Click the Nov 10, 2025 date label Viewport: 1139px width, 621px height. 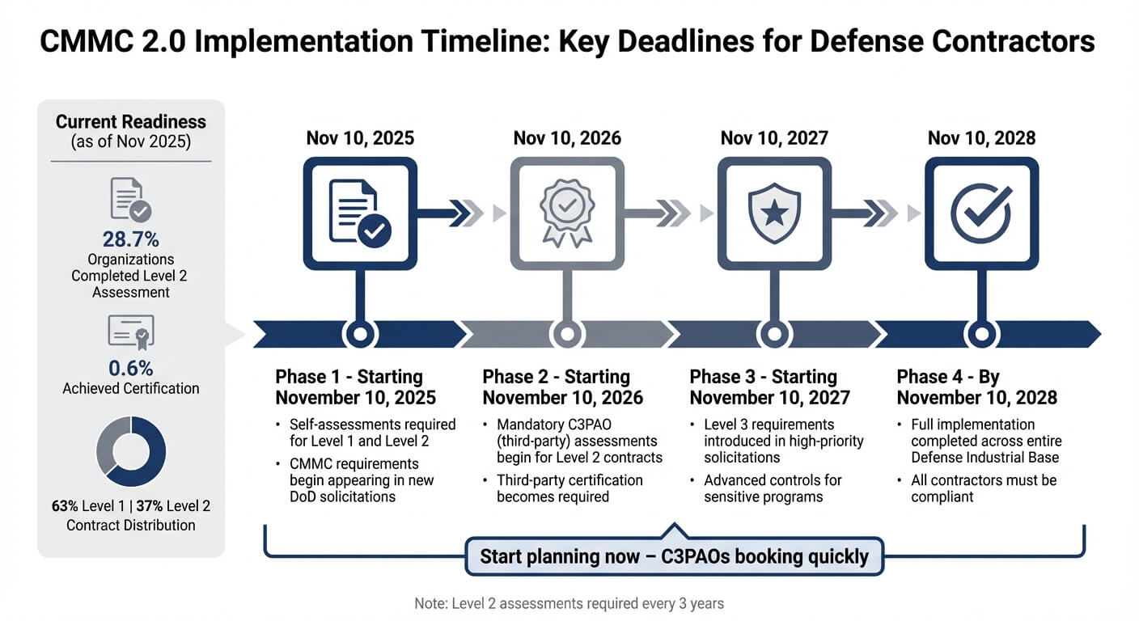coord(360,137)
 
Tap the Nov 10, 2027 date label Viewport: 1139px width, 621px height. coord(774,137)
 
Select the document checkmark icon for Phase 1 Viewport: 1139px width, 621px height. coord(360,213)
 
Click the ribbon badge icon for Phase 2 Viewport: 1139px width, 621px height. coord(567,213)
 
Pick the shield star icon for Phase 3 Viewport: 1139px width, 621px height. coord(774,213)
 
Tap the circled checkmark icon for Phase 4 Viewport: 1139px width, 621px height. coord(981,213)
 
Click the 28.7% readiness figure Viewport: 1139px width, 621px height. coord(130,239)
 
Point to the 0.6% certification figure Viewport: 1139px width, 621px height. coord(130,368)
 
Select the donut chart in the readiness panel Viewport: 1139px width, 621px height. coord(131,451)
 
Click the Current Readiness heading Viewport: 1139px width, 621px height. coord(131,122)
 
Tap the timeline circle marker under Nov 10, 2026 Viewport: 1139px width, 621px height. coord(567,333)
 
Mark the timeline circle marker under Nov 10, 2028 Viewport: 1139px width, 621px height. coord(981,333)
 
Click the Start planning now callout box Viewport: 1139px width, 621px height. coord(674,556)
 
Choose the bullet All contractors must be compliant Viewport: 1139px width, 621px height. coord(984,488)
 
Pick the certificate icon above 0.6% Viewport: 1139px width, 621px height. coord(130,332)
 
